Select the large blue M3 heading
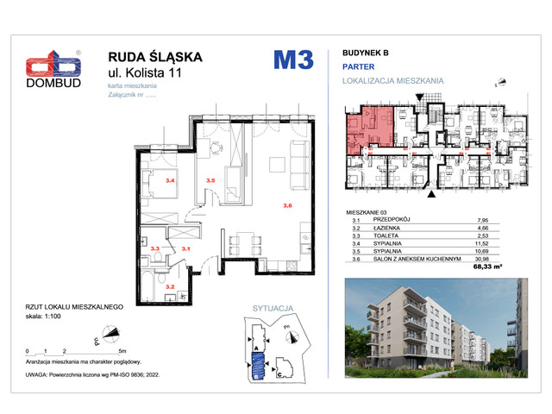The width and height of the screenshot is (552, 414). click(293, 60)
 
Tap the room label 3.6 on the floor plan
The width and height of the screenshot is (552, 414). click(288, 205)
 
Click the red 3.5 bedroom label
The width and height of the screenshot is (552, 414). click(210, 180)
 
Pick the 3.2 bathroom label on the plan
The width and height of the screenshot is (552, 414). click(171, 286)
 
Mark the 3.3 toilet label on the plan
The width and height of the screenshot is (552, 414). click(156, 248)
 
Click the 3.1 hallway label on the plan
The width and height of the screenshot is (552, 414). click(185, 248)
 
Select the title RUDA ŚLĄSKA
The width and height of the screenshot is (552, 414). click(154, 57)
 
